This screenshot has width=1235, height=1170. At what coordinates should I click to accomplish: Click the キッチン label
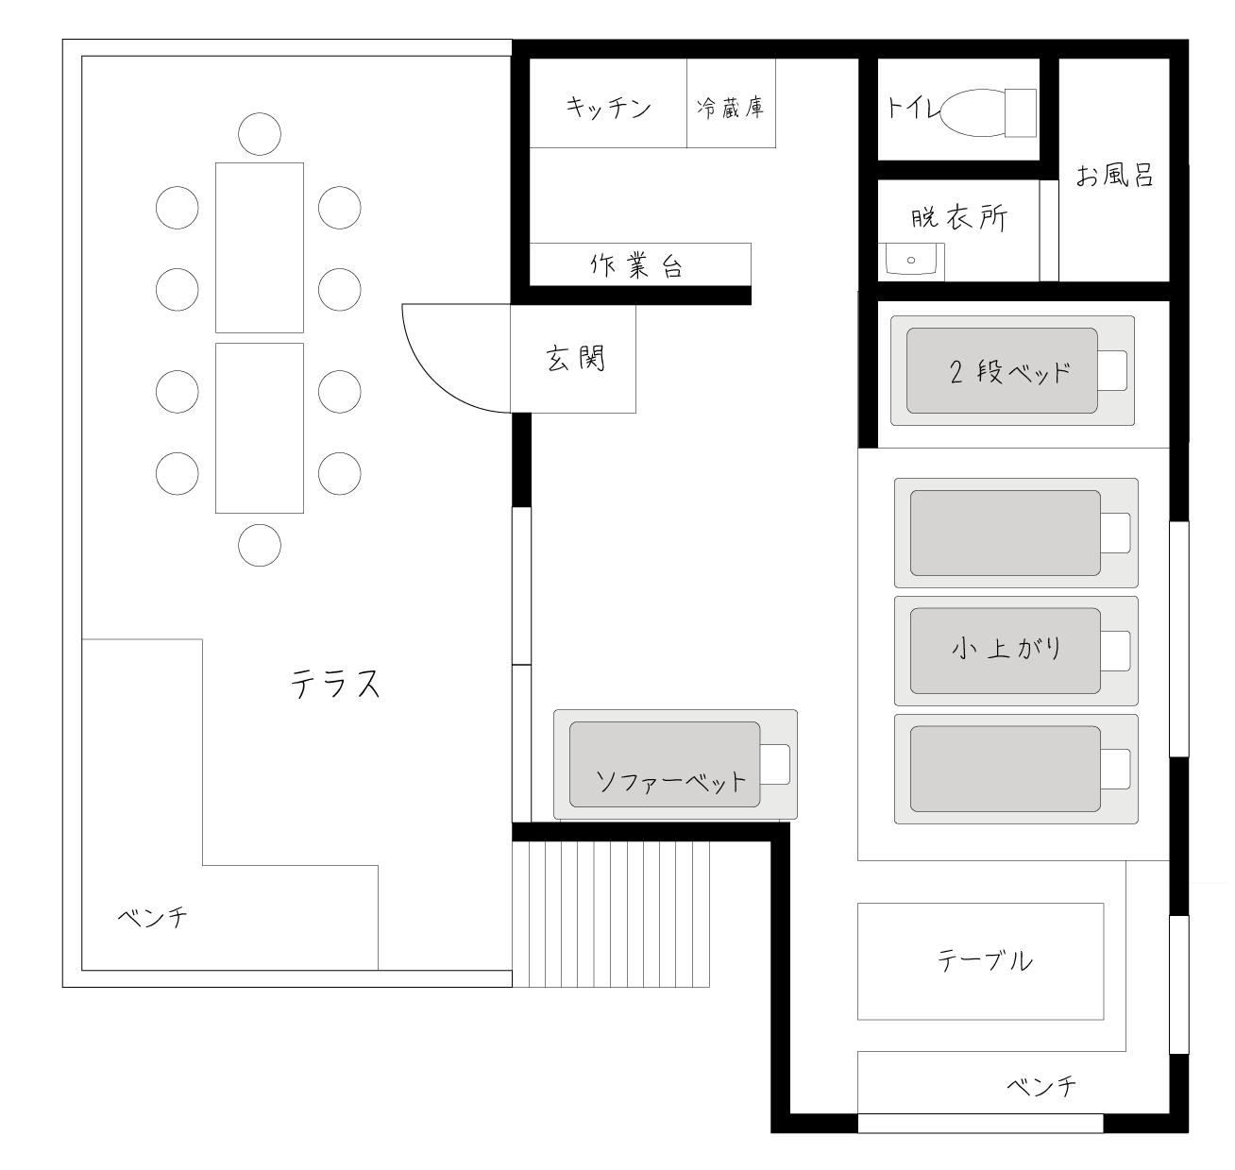[608, 108]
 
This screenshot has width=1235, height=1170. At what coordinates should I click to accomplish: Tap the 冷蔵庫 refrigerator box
[731, 103]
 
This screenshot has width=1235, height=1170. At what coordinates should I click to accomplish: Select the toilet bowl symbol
[989, 113]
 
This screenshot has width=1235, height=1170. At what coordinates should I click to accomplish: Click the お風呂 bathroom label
[1114, 176]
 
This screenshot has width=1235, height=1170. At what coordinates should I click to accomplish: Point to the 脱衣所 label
[959, 218]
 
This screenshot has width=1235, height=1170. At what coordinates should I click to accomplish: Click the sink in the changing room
[911, 260]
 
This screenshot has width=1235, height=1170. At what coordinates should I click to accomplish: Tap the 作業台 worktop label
[635, 265]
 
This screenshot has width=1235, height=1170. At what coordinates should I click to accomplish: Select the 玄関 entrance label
[575, 359]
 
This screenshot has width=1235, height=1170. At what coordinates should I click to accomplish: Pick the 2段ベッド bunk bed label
[1010, 373]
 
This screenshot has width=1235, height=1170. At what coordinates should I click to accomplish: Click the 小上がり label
[1007, 648]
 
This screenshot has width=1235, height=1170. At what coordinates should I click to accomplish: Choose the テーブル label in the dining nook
[985, 960]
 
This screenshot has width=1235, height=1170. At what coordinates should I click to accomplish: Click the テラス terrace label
[335, 684]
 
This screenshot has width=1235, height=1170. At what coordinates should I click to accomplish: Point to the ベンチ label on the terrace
[153, 918]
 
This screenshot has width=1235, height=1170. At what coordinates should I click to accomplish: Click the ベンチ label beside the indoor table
[1041, 1086]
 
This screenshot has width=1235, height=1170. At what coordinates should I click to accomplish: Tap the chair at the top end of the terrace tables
[260, 134]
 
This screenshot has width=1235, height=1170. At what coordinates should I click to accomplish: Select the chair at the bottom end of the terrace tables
[260, 546]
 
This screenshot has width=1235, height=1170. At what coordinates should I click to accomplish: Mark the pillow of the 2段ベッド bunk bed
[1112, 370]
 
